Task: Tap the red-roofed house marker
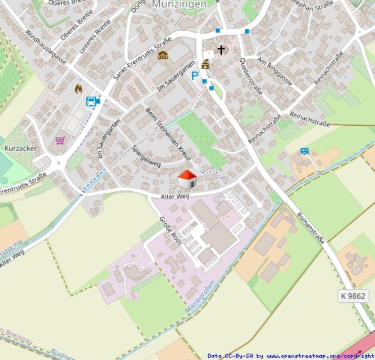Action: point(187,180)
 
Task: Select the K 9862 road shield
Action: point(353,296)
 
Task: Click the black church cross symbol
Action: point(221,50)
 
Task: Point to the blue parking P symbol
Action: point(195,76)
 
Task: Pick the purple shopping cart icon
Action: point(60,140)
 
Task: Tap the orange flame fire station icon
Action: point(79,89)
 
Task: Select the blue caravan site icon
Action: point(305,151)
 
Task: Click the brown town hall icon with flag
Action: point(205,64)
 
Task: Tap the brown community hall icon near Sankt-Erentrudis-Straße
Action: point(163,55)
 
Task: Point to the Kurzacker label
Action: point(20,148)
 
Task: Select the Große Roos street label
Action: point(170,231)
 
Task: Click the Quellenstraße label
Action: point(251,76)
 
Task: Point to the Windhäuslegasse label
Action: point(46,47)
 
